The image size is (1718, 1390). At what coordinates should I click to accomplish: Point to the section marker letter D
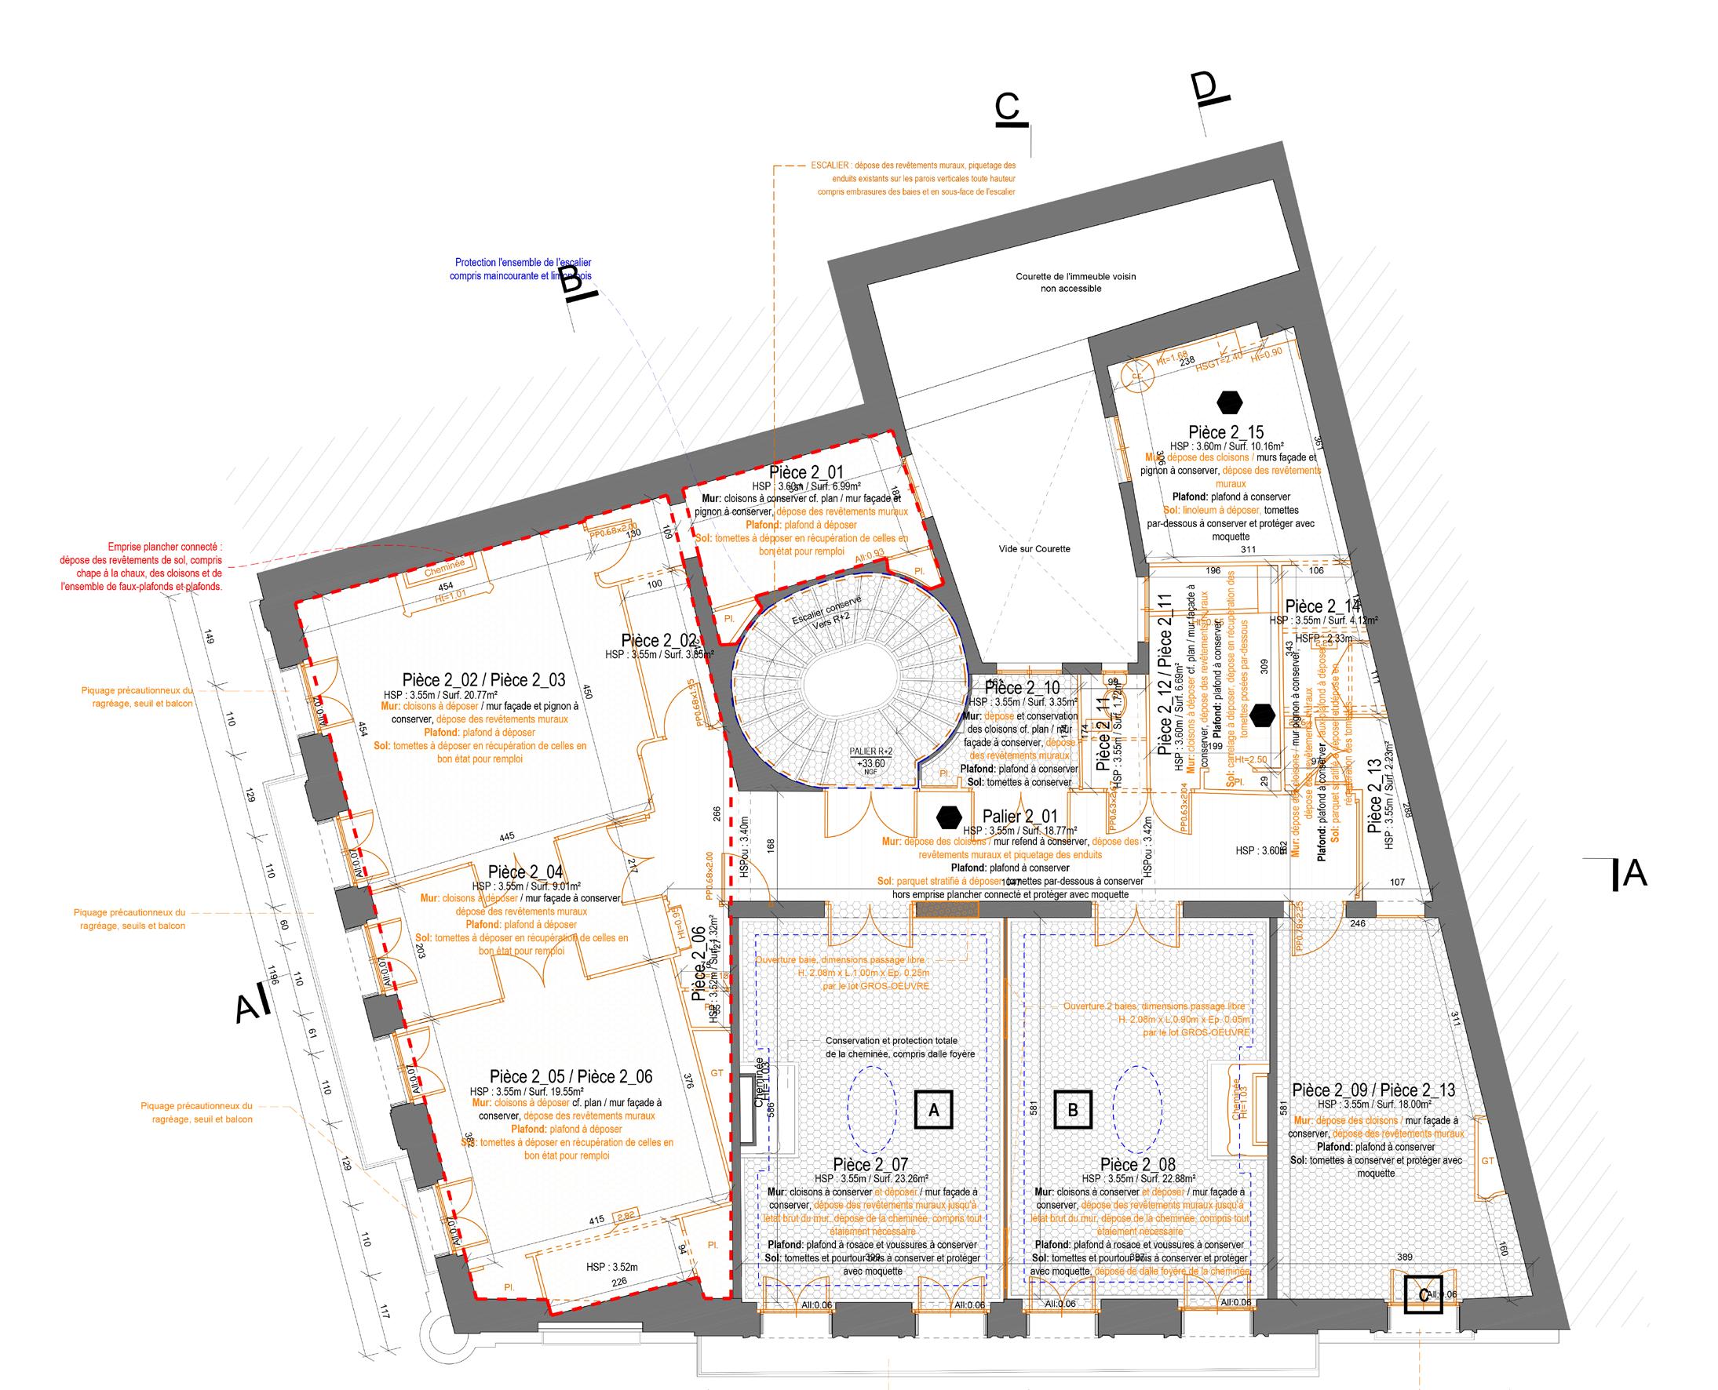click(x=1207, y=87)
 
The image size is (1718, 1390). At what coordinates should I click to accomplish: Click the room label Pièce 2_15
click(x=1227, y=433)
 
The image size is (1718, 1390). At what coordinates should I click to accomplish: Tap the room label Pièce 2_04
click(x=525, y=872)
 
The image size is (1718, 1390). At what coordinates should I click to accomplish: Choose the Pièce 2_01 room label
click(x=806, y=472)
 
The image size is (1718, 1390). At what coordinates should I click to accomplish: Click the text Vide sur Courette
click(x=1035, y=548)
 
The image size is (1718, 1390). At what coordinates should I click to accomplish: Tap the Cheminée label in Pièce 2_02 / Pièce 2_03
click(x=444, y=565)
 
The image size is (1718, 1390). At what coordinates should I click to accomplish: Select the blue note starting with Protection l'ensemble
click(x=523, y=262)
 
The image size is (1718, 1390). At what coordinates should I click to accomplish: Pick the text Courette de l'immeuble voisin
click(x=1076, y=276)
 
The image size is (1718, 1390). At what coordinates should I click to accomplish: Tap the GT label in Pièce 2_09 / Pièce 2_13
click(x=1487, y=1161)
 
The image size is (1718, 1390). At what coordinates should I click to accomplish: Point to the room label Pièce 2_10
click(x=1021, y=687)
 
